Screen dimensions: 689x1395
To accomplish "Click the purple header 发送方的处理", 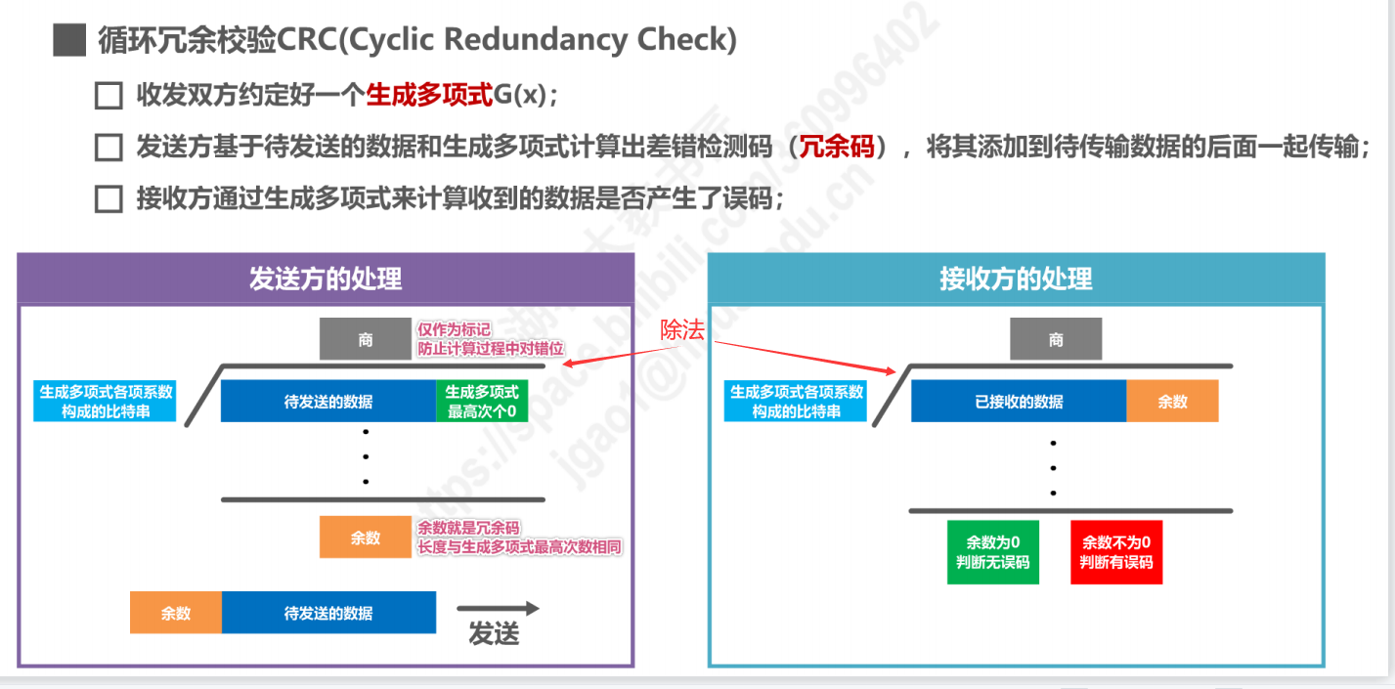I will [326, 279].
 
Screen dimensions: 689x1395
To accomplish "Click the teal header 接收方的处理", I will [1016, 279].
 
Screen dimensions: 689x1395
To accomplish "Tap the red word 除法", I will [681, 330].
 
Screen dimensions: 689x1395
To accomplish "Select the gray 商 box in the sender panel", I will [365, 339].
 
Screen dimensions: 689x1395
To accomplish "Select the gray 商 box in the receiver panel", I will [1056, 339].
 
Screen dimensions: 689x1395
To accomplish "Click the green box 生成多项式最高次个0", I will [481, 402].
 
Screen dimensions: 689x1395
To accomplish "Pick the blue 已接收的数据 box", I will [1019, 402].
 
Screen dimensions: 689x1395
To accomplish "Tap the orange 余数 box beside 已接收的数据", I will [1172, 402].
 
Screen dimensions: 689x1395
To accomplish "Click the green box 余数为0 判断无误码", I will [993, 552].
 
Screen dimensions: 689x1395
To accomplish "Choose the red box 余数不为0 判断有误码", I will [1116, 552].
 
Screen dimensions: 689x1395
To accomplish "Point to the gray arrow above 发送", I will [498, 608].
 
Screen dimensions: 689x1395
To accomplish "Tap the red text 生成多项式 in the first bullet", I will [429, 96].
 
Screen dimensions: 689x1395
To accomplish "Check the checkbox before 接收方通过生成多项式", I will [108, 199].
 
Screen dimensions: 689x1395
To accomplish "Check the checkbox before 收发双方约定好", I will [108, 96].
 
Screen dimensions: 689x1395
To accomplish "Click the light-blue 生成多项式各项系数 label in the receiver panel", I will [796, 402].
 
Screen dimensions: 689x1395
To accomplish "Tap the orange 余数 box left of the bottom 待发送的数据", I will [176, 614].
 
